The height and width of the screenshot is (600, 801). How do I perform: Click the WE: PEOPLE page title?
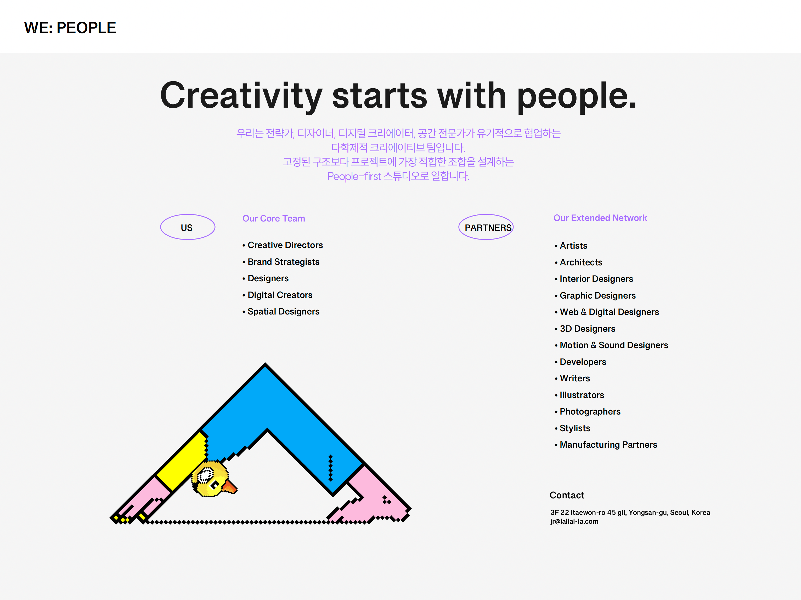[x=70, y=28]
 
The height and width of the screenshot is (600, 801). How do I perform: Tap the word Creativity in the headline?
[x=241, y=96]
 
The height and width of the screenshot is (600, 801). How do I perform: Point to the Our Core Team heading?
[x=274, y=218]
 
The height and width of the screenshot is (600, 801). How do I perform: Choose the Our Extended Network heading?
[x=600, y=218]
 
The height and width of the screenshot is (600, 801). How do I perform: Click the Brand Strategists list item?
[x=281, y=262]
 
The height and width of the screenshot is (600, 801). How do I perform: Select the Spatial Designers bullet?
[x=281, y=311]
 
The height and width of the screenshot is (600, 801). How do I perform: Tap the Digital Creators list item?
[x=277, y=295]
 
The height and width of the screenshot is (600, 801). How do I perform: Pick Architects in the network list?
[x=578, y=262]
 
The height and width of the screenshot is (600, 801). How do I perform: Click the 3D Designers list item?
[x=585, y=329]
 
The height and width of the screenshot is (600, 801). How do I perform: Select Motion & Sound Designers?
[x=611, y=345]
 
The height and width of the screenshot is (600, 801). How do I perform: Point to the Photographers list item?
[x=587, y=412]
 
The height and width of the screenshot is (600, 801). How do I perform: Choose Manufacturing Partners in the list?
[x=606, y=445]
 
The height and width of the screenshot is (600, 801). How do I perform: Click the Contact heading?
[x=567, y=495]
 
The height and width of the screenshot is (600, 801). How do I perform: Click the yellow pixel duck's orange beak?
[x=230, y=487]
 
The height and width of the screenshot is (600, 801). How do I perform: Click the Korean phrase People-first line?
[x=398, y=176]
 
